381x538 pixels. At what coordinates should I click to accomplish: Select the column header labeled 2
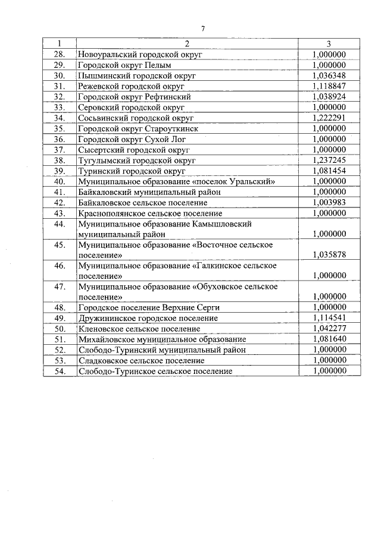pos(187,43)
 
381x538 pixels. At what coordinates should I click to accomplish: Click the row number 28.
pos(59,54)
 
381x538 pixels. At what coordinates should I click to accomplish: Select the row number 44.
pos(59,224)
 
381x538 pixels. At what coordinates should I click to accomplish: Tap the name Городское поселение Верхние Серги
pos(149,307)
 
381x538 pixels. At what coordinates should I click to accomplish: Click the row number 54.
pos(59,371)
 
